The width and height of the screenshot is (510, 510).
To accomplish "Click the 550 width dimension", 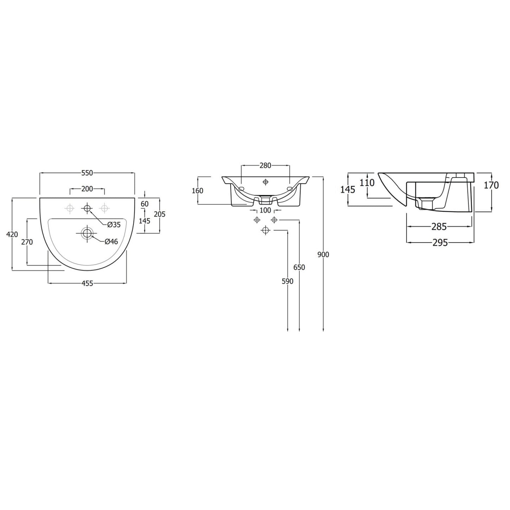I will tap(87, 173).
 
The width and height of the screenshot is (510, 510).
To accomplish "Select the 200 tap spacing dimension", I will tap(87, 189).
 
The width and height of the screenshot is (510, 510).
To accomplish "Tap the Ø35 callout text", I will tap(114, 224).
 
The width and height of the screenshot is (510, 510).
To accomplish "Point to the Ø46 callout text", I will tap(111, 241).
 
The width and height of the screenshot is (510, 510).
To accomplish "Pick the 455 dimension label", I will tap(87, 284).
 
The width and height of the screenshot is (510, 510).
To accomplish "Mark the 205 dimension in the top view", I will tap(160, 214).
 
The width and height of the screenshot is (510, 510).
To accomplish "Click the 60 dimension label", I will tap(145, 204).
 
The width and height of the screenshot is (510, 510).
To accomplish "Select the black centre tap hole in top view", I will tap(87, 208).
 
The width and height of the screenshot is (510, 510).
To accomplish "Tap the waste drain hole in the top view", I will tap(87, 233).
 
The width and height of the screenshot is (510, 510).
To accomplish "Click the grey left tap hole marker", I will tap(70, 208).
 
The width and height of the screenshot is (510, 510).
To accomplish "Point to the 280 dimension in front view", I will tap(265, 165).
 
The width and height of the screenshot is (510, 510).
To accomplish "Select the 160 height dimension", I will tap(197, 191).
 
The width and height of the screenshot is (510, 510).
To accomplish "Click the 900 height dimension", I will tap(323, 255).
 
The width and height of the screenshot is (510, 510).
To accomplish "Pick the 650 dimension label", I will tap(299, 267).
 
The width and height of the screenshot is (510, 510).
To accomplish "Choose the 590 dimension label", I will tap(287, 281).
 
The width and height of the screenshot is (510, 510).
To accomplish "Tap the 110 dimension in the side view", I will tap(367, 183).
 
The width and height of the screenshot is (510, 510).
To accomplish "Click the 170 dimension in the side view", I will tap(491, 185).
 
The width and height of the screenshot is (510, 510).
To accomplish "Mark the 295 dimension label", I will tap(440, 242).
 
